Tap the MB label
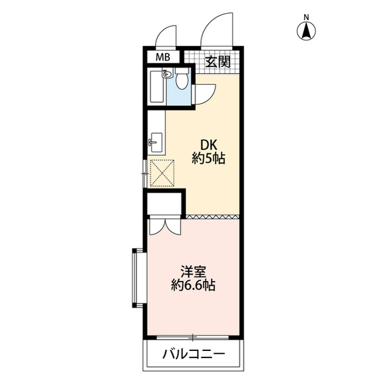point(162,58)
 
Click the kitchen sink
point(155,142)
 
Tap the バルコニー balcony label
point(194,354)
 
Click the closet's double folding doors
point(163,227)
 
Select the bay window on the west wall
point(137,276)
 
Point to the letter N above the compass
point(307,16)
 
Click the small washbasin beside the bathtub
point(168,75)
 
